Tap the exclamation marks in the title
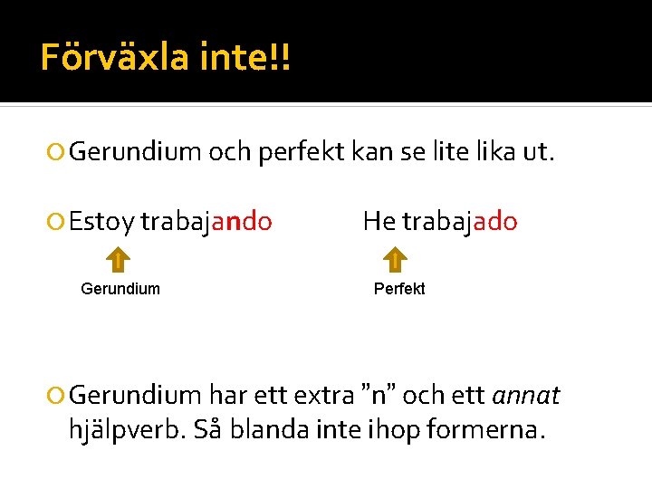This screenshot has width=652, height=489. (x=281, y=58)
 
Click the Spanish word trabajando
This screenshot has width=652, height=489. (x=206, y=222)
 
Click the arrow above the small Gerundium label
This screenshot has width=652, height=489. (x=119, y=261)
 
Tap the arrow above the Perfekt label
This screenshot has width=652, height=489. (x=395, y=261)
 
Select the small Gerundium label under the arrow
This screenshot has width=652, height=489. (x=120, y=289)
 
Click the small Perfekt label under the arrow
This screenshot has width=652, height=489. (x=399, y=289)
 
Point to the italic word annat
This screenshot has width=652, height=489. (x=525, y=396)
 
